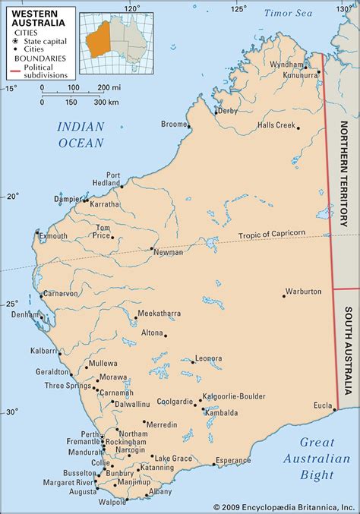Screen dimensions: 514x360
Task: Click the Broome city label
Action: tap(174, 124)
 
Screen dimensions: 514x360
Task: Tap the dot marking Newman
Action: tap(152, 248)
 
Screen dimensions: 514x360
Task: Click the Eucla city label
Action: tap(322, 405)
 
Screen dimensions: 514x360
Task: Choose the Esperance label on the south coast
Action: tap(232, 460)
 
